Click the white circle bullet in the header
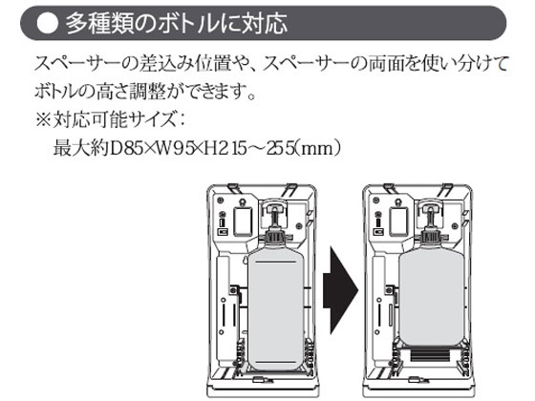[x=47, y=24]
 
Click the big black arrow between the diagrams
[x=340, y=290]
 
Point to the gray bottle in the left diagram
[x=275, y=311]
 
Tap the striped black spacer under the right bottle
[x=430, y=355]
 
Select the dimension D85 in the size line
[x=125, y=149]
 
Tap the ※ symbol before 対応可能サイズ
[x=43, y=120]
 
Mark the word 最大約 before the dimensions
[x=80, y=149]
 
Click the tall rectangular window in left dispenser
[x=243, y=221]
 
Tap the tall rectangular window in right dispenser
[x=398, y=221]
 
